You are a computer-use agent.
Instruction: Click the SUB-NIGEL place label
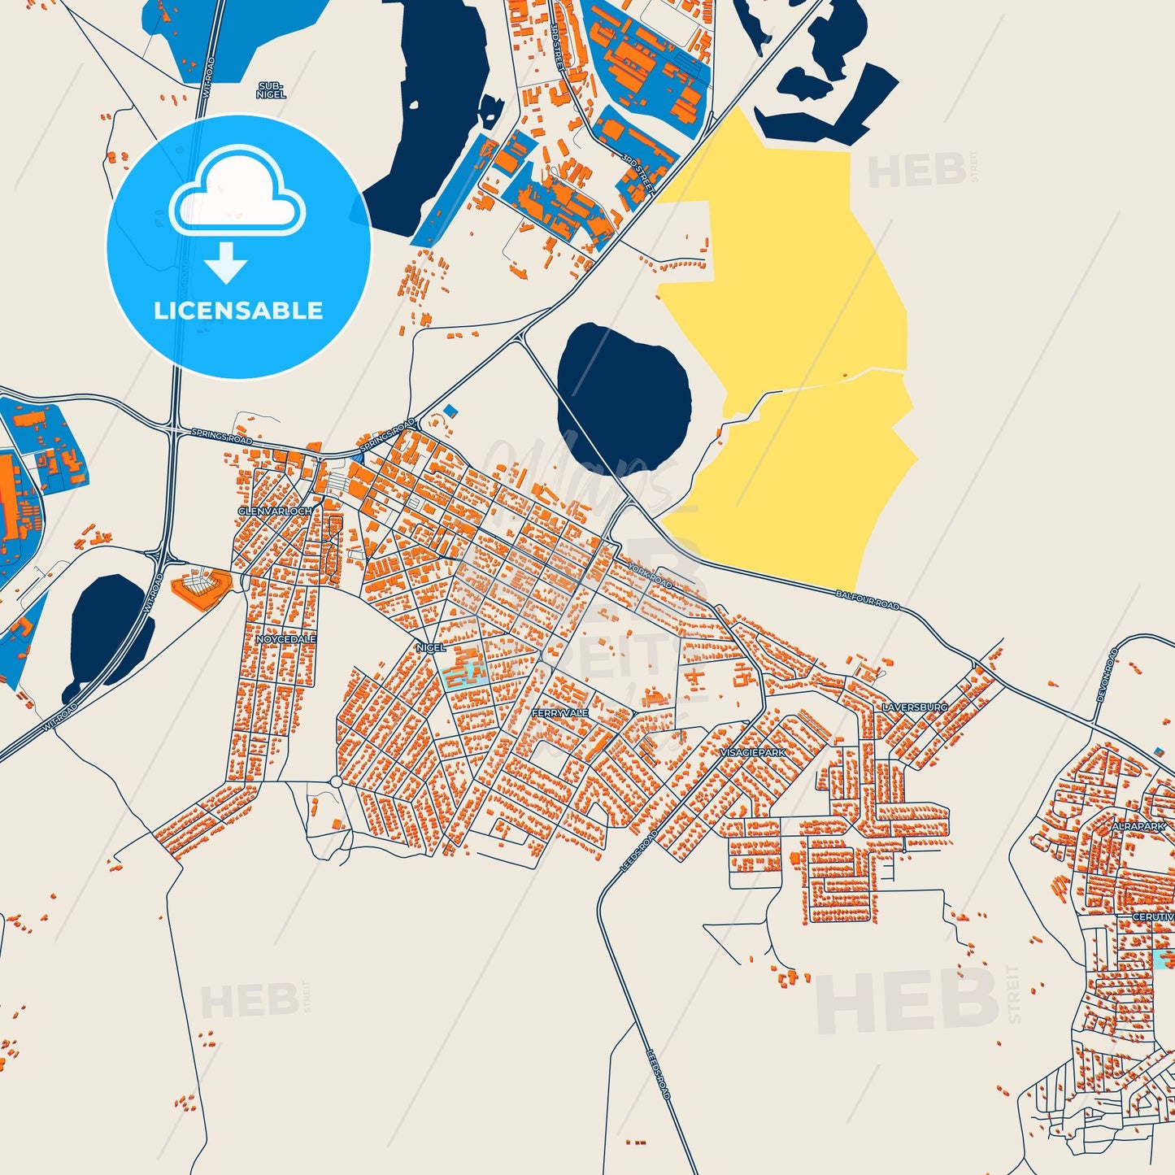pos(271,90)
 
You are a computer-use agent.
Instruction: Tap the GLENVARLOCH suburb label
pos(275,511)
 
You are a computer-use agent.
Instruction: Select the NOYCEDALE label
pos(285,639)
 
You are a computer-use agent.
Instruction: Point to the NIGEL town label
pos(430,647)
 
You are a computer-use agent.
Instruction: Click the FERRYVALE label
pos(559,713)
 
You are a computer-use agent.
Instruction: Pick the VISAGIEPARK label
pos(753,753)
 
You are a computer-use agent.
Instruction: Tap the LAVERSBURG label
pos(915,707)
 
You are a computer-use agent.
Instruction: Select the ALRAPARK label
pos(1138,826)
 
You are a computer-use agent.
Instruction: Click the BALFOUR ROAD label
pos(868,600)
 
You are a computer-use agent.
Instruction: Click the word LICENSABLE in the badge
pos(238,310)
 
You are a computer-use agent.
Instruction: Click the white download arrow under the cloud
pos(226,263)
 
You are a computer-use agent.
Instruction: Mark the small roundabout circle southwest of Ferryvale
pos(336,782)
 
